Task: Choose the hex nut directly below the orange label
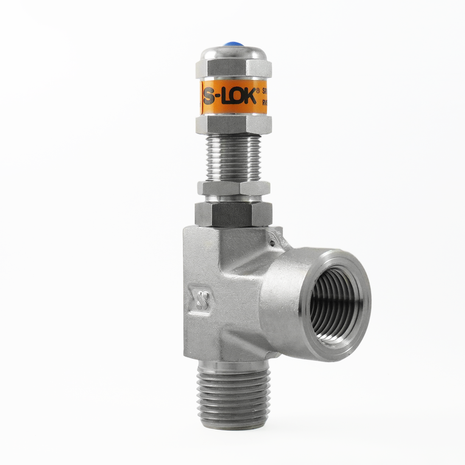(233, 125)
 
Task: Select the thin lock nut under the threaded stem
(233, 188)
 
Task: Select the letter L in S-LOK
(226, 97)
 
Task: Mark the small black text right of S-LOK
(264, 97)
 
